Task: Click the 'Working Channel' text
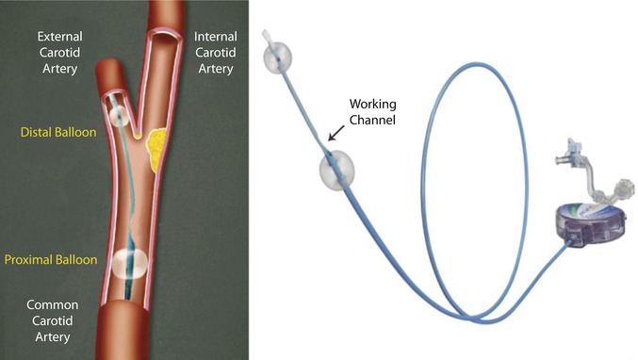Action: coord(365,111)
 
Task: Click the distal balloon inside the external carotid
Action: coord(120,117)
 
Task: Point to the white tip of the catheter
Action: coord(268,40)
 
